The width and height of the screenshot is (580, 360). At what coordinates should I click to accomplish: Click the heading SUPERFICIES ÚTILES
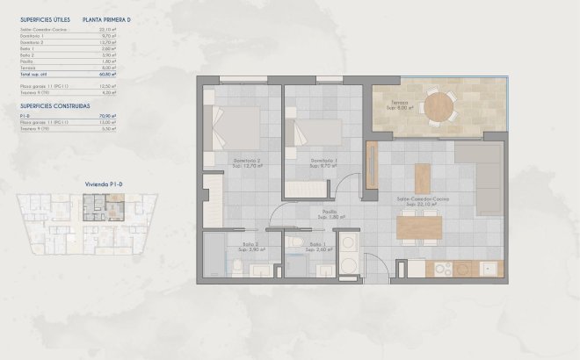point(45,18)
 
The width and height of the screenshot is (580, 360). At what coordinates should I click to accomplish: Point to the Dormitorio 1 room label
point(324,161)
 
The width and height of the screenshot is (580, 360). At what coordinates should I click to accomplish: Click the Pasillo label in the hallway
point(329,212)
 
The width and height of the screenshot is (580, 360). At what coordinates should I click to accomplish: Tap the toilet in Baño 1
point(297,243)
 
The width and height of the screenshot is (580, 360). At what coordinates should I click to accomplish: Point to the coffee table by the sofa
point(423,176)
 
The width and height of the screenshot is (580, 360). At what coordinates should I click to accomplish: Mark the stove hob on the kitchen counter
point(458,269)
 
